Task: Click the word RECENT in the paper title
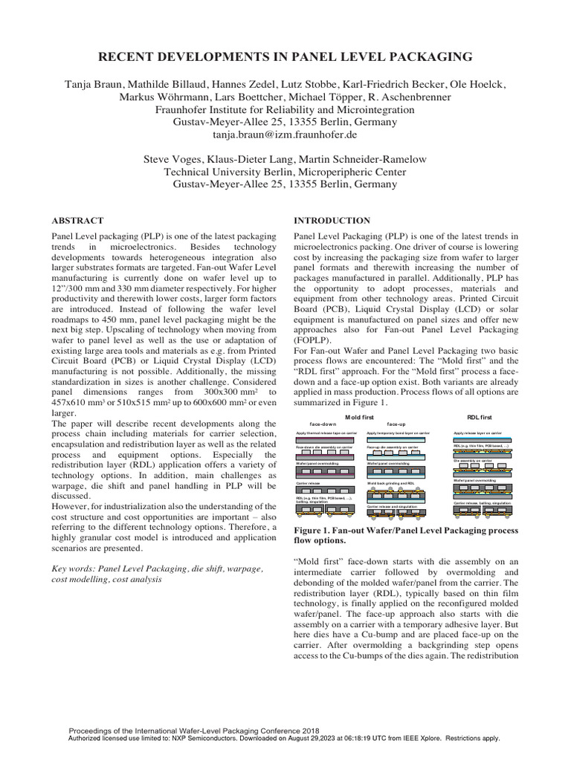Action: pyautogui.click(x=131, y=56)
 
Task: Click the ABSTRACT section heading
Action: pyautogui.click(x=77, y=221)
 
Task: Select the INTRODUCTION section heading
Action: pyautogui.click(x=332, y=221)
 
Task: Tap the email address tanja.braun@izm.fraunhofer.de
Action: pyautogui.click(x=285, y=135)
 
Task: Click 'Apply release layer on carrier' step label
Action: pyautogui.click(x=477, y=432)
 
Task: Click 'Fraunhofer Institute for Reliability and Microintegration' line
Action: pyautogui.click(x=285, y=110)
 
